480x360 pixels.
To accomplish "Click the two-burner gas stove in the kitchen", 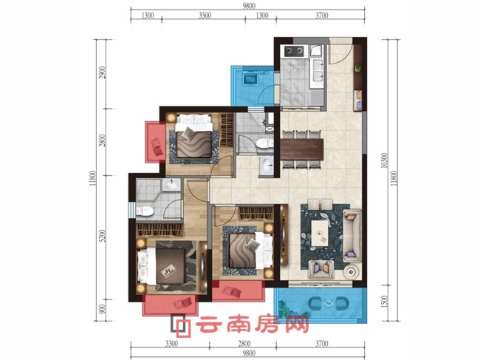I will (x=292, y=52).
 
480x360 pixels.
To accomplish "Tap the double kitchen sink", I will (x=318, y=72).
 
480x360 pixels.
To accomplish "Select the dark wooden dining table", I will (x=301, y=148).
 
